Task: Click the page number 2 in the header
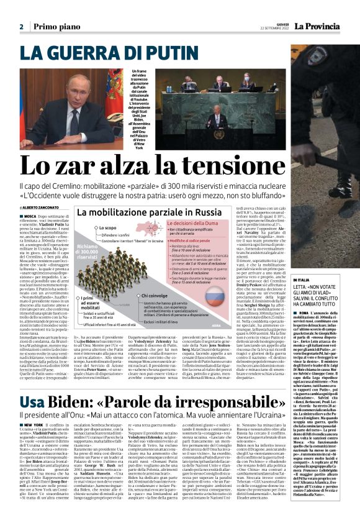(x=21, y=27)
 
